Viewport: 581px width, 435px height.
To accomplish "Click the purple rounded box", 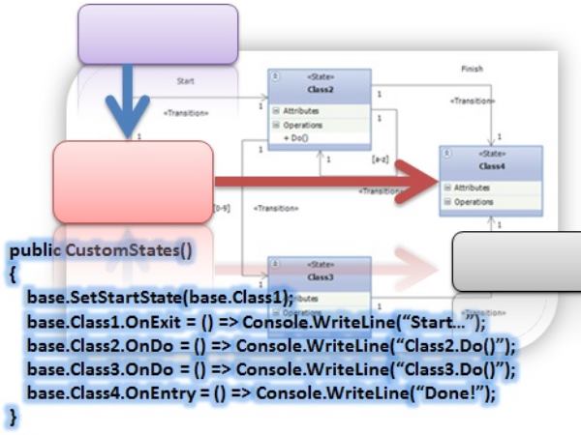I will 157,34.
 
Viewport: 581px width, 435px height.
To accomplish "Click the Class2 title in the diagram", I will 319,90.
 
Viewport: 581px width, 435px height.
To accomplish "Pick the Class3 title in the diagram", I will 321,277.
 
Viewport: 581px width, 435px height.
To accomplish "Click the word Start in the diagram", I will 186,82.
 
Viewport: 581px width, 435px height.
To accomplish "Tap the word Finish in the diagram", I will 473,70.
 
